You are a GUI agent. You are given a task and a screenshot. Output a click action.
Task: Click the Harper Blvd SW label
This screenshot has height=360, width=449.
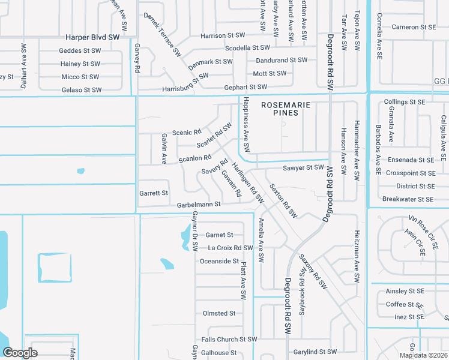click(93, 37)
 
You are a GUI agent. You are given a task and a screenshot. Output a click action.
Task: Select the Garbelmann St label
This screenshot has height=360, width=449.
click(199, 205)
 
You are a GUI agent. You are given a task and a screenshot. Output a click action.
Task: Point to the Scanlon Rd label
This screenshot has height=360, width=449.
click(195, 159)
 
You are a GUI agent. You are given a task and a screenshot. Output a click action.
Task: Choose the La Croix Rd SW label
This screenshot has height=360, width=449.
click(230, 248)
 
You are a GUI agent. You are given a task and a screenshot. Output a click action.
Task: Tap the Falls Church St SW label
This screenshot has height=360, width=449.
click(229, 340)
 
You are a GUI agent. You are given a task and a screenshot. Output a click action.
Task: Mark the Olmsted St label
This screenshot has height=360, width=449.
click(219, 313)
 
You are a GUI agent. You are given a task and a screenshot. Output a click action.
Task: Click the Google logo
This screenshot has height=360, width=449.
click(20, 353)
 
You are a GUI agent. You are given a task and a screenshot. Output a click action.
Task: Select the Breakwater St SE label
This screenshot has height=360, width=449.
click(408, 199)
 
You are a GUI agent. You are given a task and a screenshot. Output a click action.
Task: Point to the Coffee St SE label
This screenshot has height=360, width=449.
click(405, 304)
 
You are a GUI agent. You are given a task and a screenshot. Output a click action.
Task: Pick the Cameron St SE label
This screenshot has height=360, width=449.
click(414, 27)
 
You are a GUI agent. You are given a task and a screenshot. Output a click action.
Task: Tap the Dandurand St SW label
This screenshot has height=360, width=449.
click(282, 61)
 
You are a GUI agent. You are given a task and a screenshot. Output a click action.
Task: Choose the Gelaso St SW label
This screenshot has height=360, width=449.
click(82, 90)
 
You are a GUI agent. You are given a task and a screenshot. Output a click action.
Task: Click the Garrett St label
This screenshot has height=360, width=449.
click(154, 193)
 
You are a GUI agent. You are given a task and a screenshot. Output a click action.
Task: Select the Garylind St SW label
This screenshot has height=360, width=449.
click(315, 352)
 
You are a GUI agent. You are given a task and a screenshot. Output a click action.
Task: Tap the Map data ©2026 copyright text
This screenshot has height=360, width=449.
click(423, 355)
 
